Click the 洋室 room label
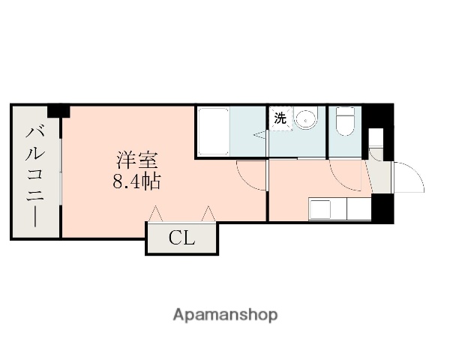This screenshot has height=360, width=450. coord(136,160)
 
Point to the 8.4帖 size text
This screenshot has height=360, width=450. coord(136,181)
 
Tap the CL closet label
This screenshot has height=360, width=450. coord(181,238)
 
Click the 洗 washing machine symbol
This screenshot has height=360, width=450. coord(280,118)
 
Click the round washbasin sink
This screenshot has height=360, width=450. coord(305,119)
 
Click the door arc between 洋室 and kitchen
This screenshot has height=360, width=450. coord(250,176)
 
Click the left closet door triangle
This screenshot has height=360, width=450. coord(157,215)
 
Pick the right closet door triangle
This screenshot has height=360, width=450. coord(208,215)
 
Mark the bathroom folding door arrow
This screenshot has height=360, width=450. coord(259,135)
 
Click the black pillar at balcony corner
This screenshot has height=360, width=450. coord(58,110)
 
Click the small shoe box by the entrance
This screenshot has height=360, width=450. coord(376,139)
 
